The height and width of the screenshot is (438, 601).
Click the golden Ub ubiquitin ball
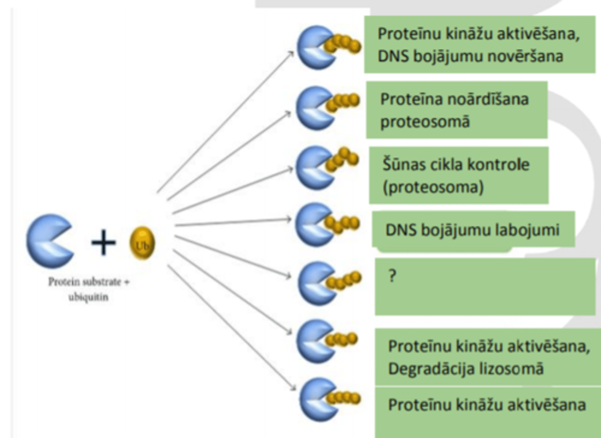click(142, 243)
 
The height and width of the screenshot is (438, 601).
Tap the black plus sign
click(103, 242)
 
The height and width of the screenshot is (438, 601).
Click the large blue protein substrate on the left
click(48, 241)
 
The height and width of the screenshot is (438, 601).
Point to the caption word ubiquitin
click(88, 297)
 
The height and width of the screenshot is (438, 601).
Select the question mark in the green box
click(392, 276)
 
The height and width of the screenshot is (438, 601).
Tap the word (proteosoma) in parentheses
click(433, 187)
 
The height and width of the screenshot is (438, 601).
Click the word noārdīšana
click(487, 99)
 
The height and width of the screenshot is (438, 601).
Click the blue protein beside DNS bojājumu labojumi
click(314, 224)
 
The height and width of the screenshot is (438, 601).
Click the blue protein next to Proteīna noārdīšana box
click(314, 108)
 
